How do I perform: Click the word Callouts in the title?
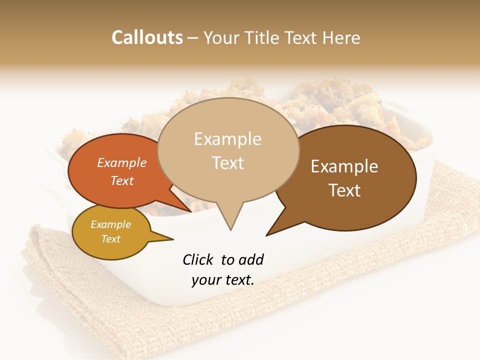(147, 38)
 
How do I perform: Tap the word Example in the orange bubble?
(122, 162)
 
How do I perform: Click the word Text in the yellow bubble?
(111, 239)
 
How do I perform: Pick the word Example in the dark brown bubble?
(344, 166)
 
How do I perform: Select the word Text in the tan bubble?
(227, 163)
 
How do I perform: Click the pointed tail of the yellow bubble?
(167, 238)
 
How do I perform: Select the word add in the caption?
(250, 259)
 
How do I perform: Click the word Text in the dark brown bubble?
(345, 190)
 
